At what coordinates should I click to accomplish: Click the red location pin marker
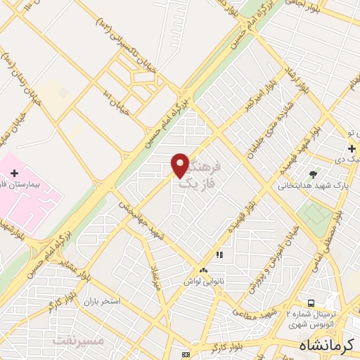[180, 165]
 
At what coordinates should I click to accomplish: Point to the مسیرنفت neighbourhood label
[78, 340]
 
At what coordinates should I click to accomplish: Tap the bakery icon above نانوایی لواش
[203, 270]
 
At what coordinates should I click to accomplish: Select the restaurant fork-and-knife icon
[219, 255]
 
